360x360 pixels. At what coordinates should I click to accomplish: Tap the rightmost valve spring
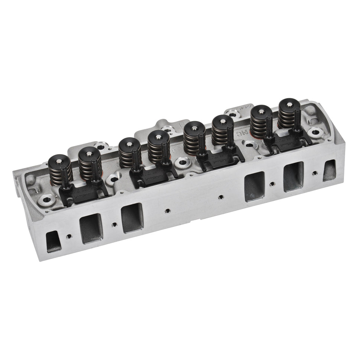(289, 113)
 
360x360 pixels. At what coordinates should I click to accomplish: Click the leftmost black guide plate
(84, 193)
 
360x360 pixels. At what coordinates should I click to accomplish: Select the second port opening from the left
(91, 228)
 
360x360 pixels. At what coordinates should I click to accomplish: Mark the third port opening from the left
(132, 218)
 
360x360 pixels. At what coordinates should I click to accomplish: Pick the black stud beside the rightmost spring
(297, 119)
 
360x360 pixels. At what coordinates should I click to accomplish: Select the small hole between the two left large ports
(114, 224)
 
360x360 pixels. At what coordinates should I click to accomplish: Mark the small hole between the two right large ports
(272, 183)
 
